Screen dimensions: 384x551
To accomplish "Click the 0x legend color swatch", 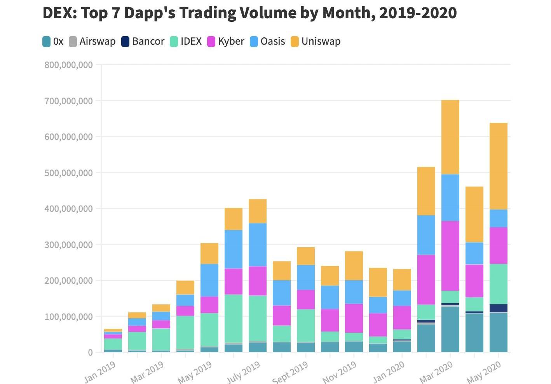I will [x=47, y=42].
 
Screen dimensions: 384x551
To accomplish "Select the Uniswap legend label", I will [x=321, y=42].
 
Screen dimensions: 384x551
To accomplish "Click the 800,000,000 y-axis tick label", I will [x=69, y=65].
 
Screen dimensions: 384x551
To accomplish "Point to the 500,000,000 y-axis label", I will [x=69, y=173].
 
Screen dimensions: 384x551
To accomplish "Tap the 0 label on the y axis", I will [x=90, y=353].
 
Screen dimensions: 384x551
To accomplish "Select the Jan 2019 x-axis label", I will [x=100, y=372].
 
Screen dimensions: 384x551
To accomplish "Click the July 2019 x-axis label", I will [x=243, y=372].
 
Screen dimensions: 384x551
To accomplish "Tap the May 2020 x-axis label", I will [x=484, y=372].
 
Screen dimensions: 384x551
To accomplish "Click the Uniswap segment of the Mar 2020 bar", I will [x=450, y=137].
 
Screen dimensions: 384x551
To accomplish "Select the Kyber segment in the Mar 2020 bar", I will [x=450, y=256].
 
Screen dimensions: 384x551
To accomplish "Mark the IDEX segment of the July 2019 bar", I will [x=258, y=318].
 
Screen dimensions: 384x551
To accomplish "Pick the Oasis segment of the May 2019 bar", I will [x=209, y=280].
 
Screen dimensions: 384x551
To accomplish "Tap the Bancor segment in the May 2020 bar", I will [x=499, y=308].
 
